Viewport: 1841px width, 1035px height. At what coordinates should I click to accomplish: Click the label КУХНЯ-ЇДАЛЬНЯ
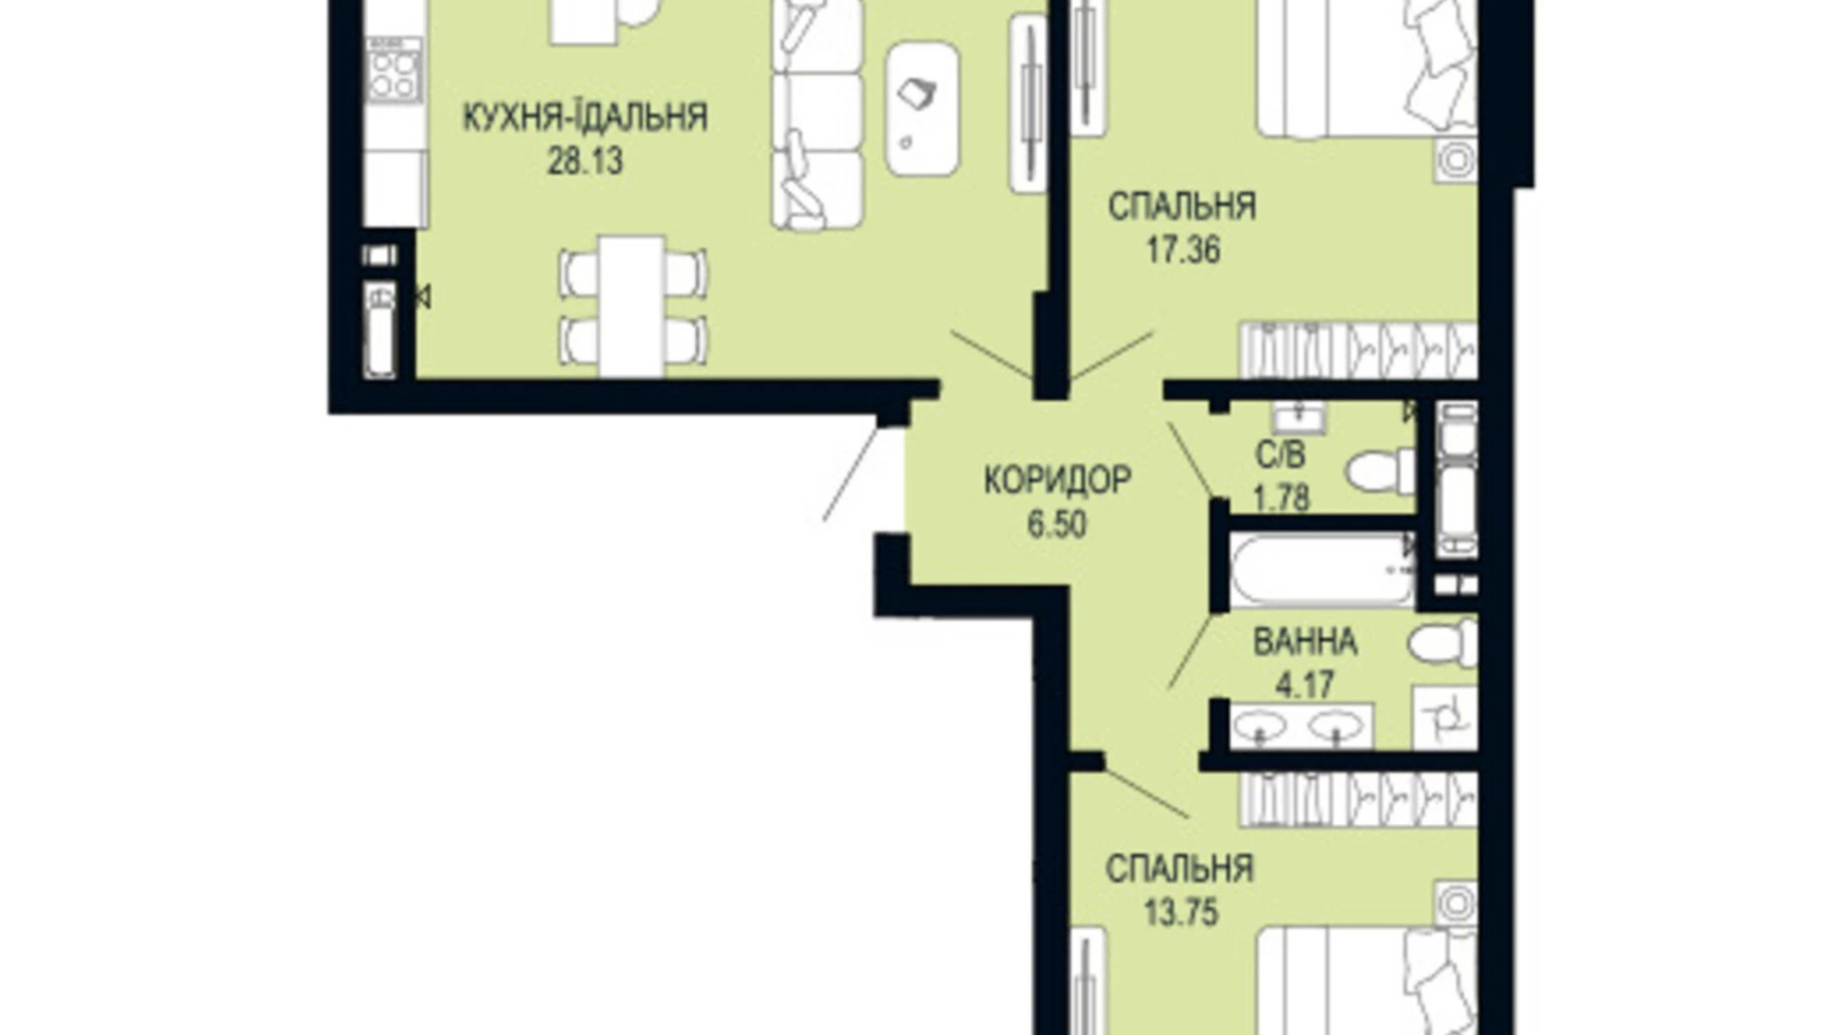click(584, 117)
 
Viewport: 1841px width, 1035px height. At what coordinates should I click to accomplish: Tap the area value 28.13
click(584, 160)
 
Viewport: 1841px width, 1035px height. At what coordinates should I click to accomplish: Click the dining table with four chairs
click(632, 306)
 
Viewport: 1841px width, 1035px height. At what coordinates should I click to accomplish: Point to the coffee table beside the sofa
click(921, 109)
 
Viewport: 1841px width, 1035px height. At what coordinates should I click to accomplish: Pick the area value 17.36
click(1181, 250)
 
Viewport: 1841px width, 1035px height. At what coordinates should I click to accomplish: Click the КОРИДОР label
click(1057, 480)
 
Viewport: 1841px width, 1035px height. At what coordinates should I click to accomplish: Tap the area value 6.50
click(1057, 523)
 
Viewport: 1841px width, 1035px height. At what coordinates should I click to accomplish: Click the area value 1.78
click(1281, 497)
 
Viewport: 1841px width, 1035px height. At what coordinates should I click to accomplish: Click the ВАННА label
click(1304, 642)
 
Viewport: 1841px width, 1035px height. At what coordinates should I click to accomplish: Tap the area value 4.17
click(1304, 685)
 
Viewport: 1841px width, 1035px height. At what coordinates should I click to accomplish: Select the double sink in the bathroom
click(1301, 726)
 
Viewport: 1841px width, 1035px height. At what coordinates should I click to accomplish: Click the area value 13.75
click(1180, 912)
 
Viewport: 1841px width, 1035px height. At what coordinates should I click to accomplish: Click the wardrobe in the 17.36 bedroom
click(1357, 349)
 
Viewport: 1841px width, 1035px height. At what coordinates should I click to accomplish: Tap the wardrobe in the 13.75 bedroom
click(1357, 799)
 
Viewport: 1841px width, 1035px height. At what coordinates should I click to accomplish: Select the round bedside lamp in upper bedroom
click(1455, 159)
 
